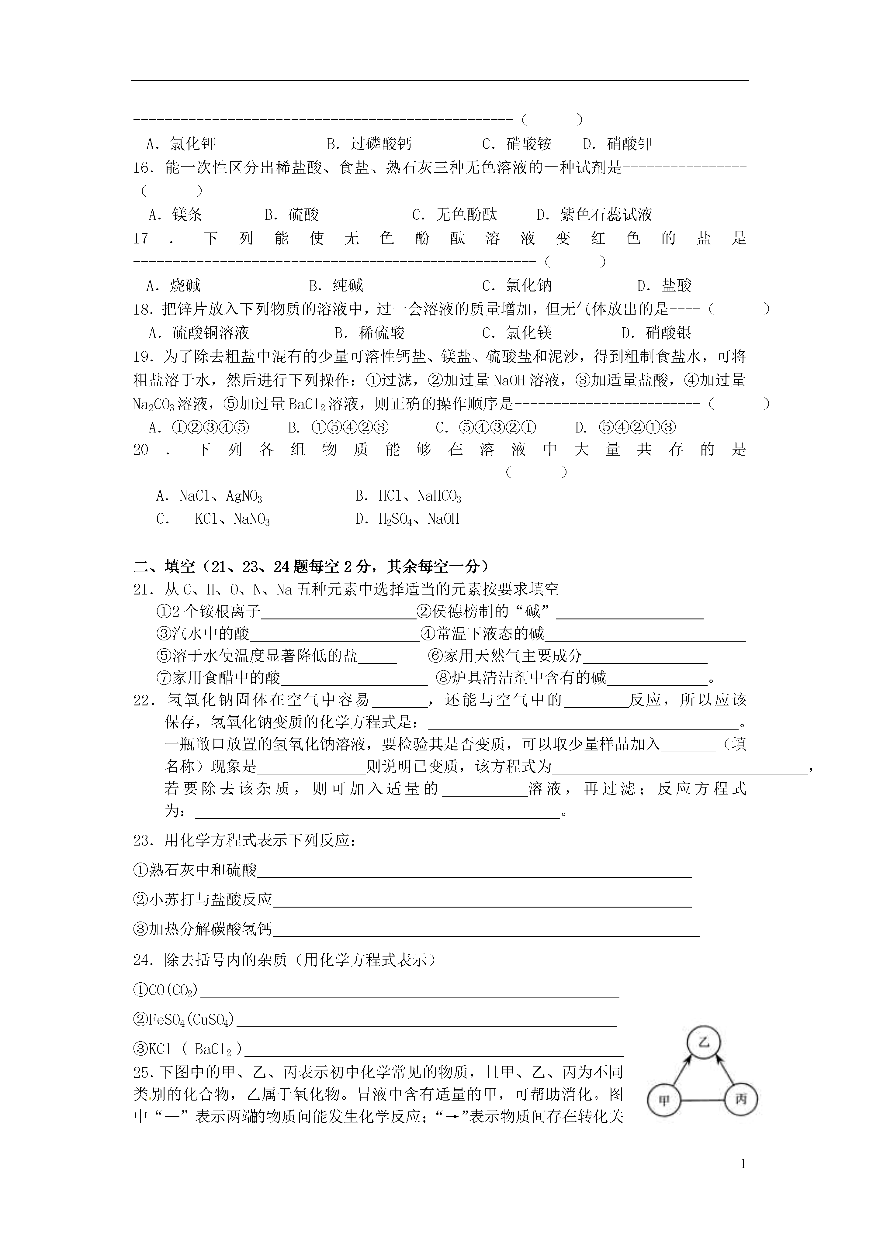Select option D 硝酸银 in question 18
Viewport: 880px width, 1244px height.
pyautogui.click(x=656, y=333)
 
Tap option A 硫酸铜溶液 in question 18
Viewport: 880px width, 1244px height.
pyautogui.click(x=199, y=333)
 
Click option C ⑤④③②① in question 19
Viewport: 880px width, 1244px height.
pyautogui.click(x=486, y=428)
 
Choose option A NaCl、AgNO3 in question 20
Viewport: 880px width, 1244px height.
pyautogui.click(x=209, y=496)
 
